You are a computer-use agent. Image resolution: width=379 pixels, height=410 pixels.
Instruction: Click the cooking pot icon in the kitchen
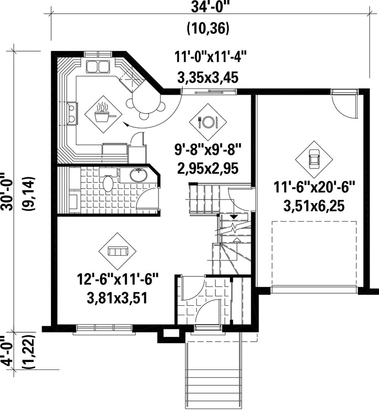tap(104, 115)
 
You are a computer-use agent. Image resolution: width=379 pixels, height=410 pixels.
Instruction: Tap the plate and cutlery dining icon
tap(208, 122)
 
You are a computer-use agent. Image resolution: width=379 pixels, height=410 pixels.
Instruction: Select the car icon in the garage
tap(314, 159)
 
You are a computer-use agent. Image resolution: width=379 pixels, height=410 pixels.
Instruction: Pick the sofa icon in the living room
tap(117, 252)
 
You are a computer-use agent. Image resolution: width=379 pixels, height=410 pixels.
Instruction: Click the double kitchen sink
tap(98, 66)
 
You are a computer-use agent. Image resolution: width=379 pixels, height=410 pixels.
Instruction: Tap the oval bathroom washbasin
tap(138, 175)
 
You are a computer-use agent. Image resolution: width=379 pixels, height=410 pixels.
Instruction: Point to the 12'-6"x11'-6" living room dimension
tap(118, 280)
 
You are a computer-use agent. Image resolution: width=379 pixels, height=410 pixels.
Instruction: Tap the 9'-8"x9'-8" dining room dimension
tap(208, 150)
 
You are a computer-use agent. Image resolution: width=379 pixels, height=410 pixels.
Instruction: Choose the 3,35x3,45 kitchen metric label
tap(208, 78)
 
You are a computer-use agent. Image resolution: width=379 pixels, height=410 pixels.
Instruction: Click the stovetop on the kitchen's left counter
tap(72, 113)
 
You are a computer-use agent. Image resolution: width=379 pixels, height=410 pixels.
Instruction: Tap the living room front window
tap(104, 328)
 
